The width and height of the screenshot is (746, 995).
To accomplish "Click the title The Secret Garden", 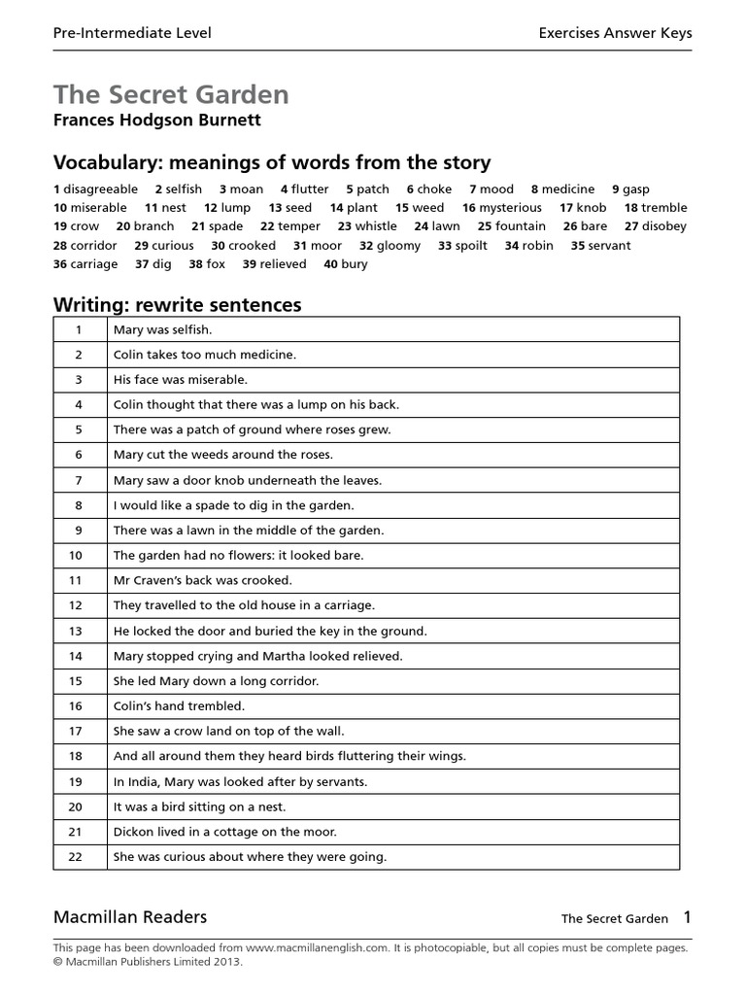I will pos(171,94).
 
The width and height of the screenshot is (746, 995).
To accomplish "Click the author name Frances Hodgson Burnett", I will pos(157,121).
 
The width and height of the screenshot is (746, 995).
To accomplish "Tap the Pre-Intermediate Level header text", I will pos(132,33).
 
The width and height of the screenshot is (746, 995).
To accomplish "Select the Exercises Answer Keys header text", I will pos(615,33).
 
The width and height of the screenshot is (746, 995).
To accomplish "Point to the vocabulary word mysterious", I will pos(511,208).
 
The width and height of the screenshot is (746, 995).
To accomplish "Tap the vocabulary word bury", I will pos(355,264).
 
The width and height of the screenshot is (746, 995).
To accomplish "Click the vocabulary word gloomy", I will pos(398,246).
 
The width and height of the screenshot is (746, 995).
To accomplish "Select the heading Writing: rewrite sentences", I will pos(177,305).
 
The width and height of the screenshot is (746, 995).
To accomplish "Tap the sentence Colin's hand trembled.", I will pos(179,706).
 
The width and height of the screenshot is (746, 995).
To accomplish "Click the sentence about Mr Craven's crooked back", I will pos(202,580).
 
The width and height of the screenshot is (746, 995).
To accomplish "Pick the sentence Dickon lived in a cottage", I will pos(224,832).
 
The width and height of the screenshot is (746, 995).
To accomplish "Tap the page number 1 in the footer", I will pos(687,917).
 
